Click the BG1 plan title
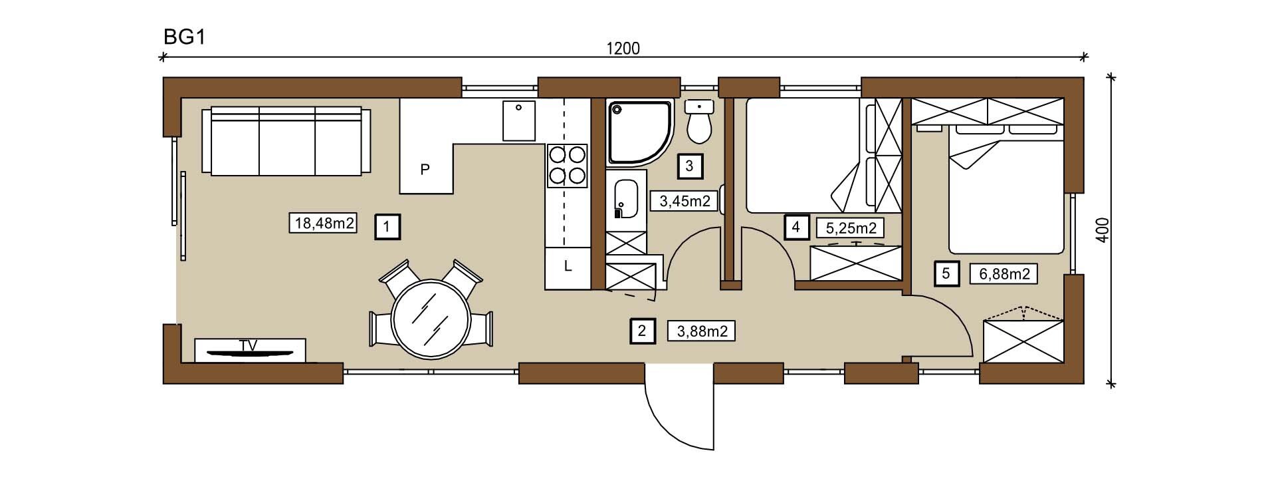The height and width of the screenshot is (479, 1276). [x=183, y=37]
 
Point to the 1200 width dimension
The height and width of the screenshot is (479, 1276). [x=623, y=49]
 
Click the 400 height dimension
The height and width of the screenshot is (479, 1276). [x=1101, y=230]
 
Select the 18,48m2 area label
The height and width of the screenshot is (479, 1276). [x=324, y=223]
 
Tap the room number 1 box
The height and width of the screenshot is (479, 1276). [x=387, y=227]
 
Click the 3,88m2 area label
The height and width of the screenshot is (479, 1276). [x=702, y=331]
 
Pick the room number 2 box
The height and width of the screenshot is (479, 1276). [x=641, y=331]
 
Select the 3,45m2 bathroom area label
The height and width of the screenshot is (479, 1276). [x=684, y=200]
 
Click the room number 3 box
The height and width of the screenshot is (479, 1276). [x=689, y=166]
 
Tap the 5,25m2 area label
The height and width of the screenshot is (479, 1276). [x=851, y=228]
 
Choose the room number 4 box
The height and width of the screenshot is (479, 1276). [x=796, y=228]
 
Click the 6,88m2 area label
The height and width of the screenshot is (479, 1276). [x=1004, y=273]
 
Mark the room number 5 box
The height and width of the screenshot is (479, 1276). [x=946, y=273]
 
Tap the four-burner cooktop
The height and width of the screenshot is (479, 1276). [x=568, y=166]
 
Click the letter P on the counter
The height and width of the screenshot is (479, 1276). [x=425, y=170]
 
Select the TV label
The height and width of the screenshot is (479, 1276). [x=249, y=345]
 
